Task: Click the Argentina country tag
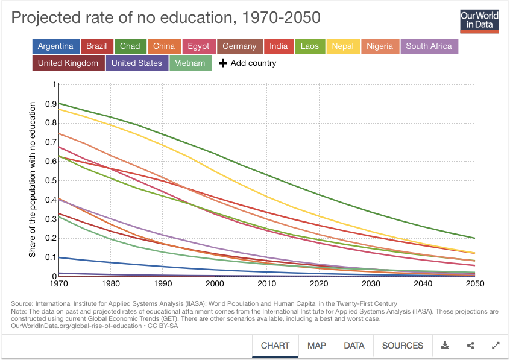pyautogui.click(x=55, y=46)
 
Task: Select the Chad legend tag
pyautogui.click(x=130, y=46)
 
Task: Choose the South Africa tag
pyautogui.click(x=429, y=46)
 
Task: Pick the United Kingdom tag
pyautogui.click(x=68, y=63)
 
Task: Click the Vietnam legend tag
pyautogui.click(x=190, y=63)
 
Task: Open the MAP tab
pyautogui.click(x=316, y=346)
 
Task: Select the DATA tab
pyautogui.click(x=354, y=346)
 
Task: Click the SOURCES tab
pyautogui.click(x=402, y=346)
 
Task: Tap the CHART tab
pyautogui.click(x=275, y=346)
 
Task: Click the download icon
pyautogui.click(x=445, y=346)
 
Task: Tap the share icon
pyautogui.click(x=471, y=346)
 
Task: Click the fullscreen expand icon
pyautogui.click(x=496, y=346)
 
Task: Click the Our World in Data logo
pyautogui.click(x=479, y=21)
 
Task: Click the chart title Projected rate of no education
pyautogui.click(x=166, y=17)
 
